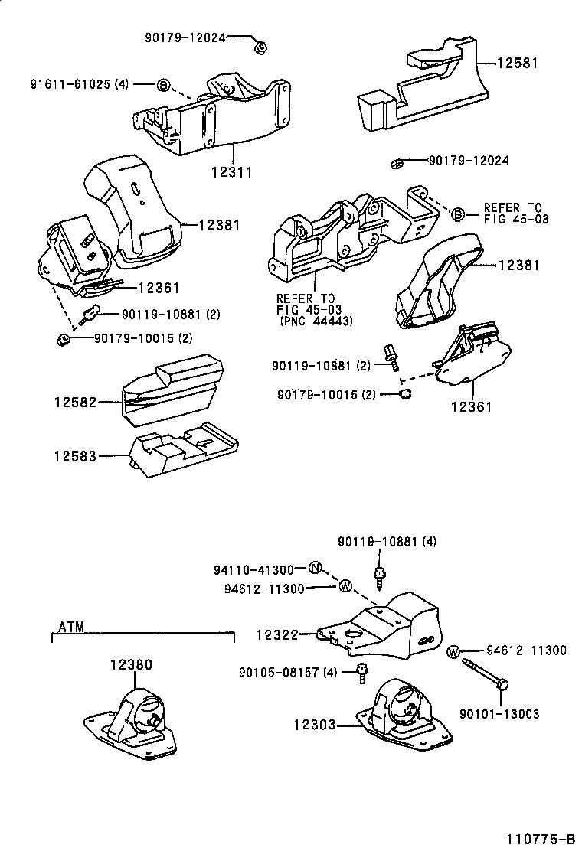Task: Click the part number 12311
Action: tap(231, 173)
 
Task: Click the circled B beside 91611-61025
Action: tap(163, 85)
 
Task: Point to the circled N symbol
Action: tap(315, 569)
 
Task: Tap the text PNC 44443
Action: tap(316, 321)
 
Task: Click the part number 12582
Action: tap(74, 402)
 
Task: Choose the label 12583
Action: tap(74, 456)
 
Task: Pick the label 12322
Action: tap(276, 634)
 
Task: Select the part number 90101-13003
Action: tap(499, 713)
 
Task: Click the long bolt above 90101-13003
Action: tap(487, 670)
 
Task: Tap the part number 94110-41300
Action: tap(254, 569)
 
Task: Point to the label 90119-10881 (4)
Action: tap(387, 542)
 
